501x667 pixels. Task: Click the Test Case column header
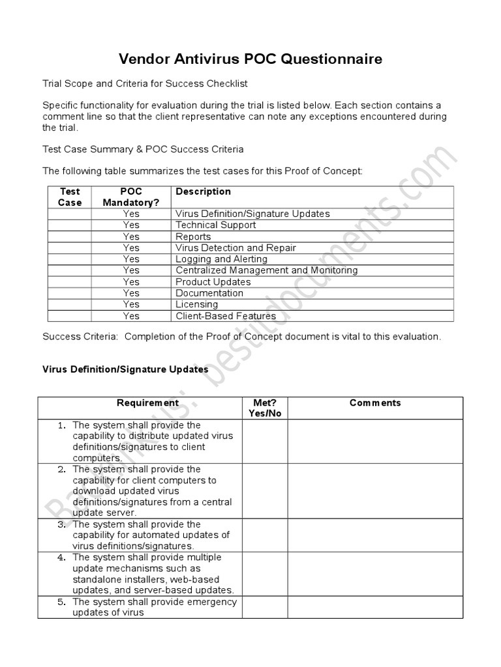[x=70, y=197]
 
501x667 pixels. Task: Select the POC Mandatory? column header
[x=130, y=197]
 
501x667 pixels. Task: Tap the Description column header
[x=203, y=192]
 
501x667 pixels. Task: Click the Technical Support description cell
[x=215, y=225]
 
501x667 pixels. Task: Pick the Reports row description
[x=193, y=236]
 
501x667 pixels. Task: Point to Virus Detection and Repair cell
[x=235, y=248]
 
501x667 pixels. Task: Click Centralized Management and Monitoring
[x=266, y=270]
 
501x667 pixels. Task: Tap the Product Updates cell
[x=213, y=281]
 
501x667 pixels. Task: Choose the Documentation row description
[x=209, y=293]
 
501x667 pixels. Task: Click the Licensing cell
[x=196, y=304]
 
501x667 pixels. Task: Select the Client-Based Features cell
[x=226, y=316]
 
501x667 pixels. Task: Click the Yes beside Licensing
[x=131, y=304]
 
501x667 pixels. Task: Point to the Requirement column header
[x=147, y=403]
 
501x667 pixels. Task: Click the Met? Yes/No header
[x=265, y=408]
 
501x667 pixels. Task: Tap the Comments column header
[x=375, y=403]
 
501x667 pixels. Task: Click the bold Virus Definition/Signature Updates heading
[x=125, y=369]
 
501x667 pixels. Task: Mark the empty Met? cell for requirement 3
[x=265, y=535]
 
